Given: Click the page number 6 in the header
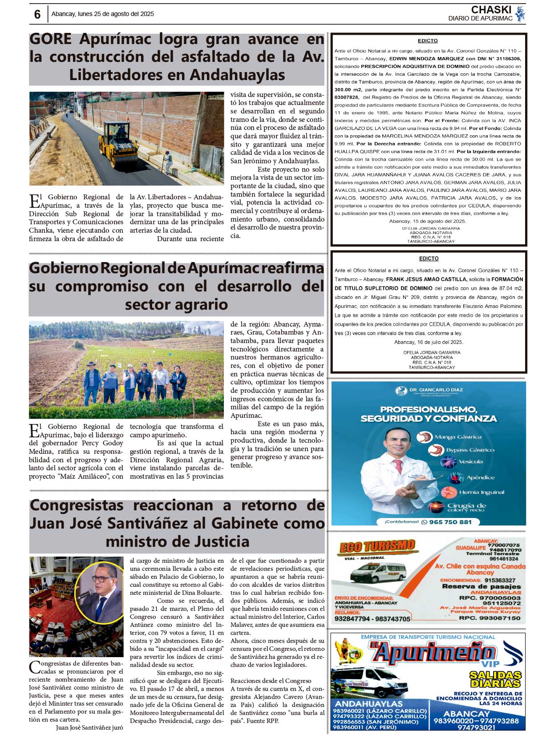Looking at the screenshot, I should pyautogui.click(x=37, y=14).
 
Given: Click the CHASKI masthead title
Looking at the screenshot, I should pyautogui.click(x=491, y=9).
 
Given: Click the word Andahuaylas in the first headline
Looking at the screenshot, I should pyautogui.click(x=238, y=75).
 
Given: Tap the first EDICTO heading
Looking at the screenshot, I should pyautogui.click(x=428, y=41).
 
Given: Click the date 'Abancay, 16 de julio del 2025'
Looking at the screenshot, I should pyautogui.click(x=429, y=342).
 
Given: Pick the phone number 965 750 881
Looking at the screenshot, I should pyautogui.click(x=450, y=522).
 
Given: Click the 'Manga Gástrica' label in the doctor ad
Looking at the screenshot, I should pyautogui.click(x=458, y=437).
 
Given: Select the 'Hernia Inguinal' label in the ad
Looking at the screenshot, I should pyautogui.click(x=481, y=492).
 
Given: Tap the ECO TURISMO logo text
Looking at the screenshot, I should pyautogui.click(x=377, y=546).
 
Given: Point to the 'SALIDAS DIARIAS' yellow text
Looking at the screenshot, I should pyautogui.click(x=495, y=679).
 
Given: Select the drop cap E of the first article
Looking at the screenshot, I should pyautogui.click(x=34, y=201).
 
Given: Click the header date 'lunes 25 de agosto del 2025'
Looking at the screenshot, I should pyautogui.click(x=116, y=14).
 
